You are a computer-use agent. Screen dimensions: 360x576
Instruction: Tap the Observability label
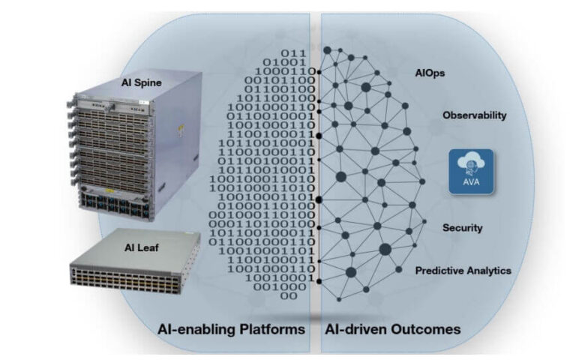(x=475, y=115)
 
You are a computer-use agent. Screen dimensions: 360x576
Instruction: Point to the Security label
(x=462, y=227)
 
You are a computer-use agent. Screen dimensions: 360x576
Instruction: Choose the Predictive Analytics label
(x=463, y=270)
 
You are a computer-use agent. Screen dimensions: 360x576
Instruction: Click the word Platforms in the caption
(x=274, y=329)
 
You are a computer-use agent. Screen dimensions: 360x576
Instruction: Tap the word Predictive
(x=439, y=270)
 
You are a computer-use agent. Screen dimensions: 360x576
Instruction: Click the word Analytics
(x=489, y=270)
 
